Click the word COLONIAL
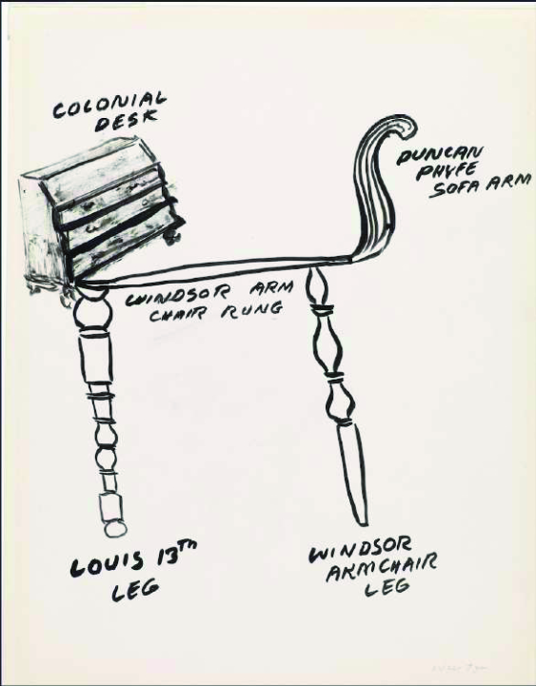pos(109,106)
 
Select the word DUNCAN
pos(439,155)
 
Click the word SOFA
pos(455,187)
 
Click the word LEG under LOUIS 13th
pos(135,590)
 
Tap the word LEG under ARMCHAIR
pos(387,587)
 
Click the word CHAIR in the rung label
pos(178,314)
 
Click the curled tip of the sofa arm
pos(407,126)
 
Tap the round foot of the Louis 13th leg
pos(115,528)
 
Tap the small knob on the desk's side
pos(172,237)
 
